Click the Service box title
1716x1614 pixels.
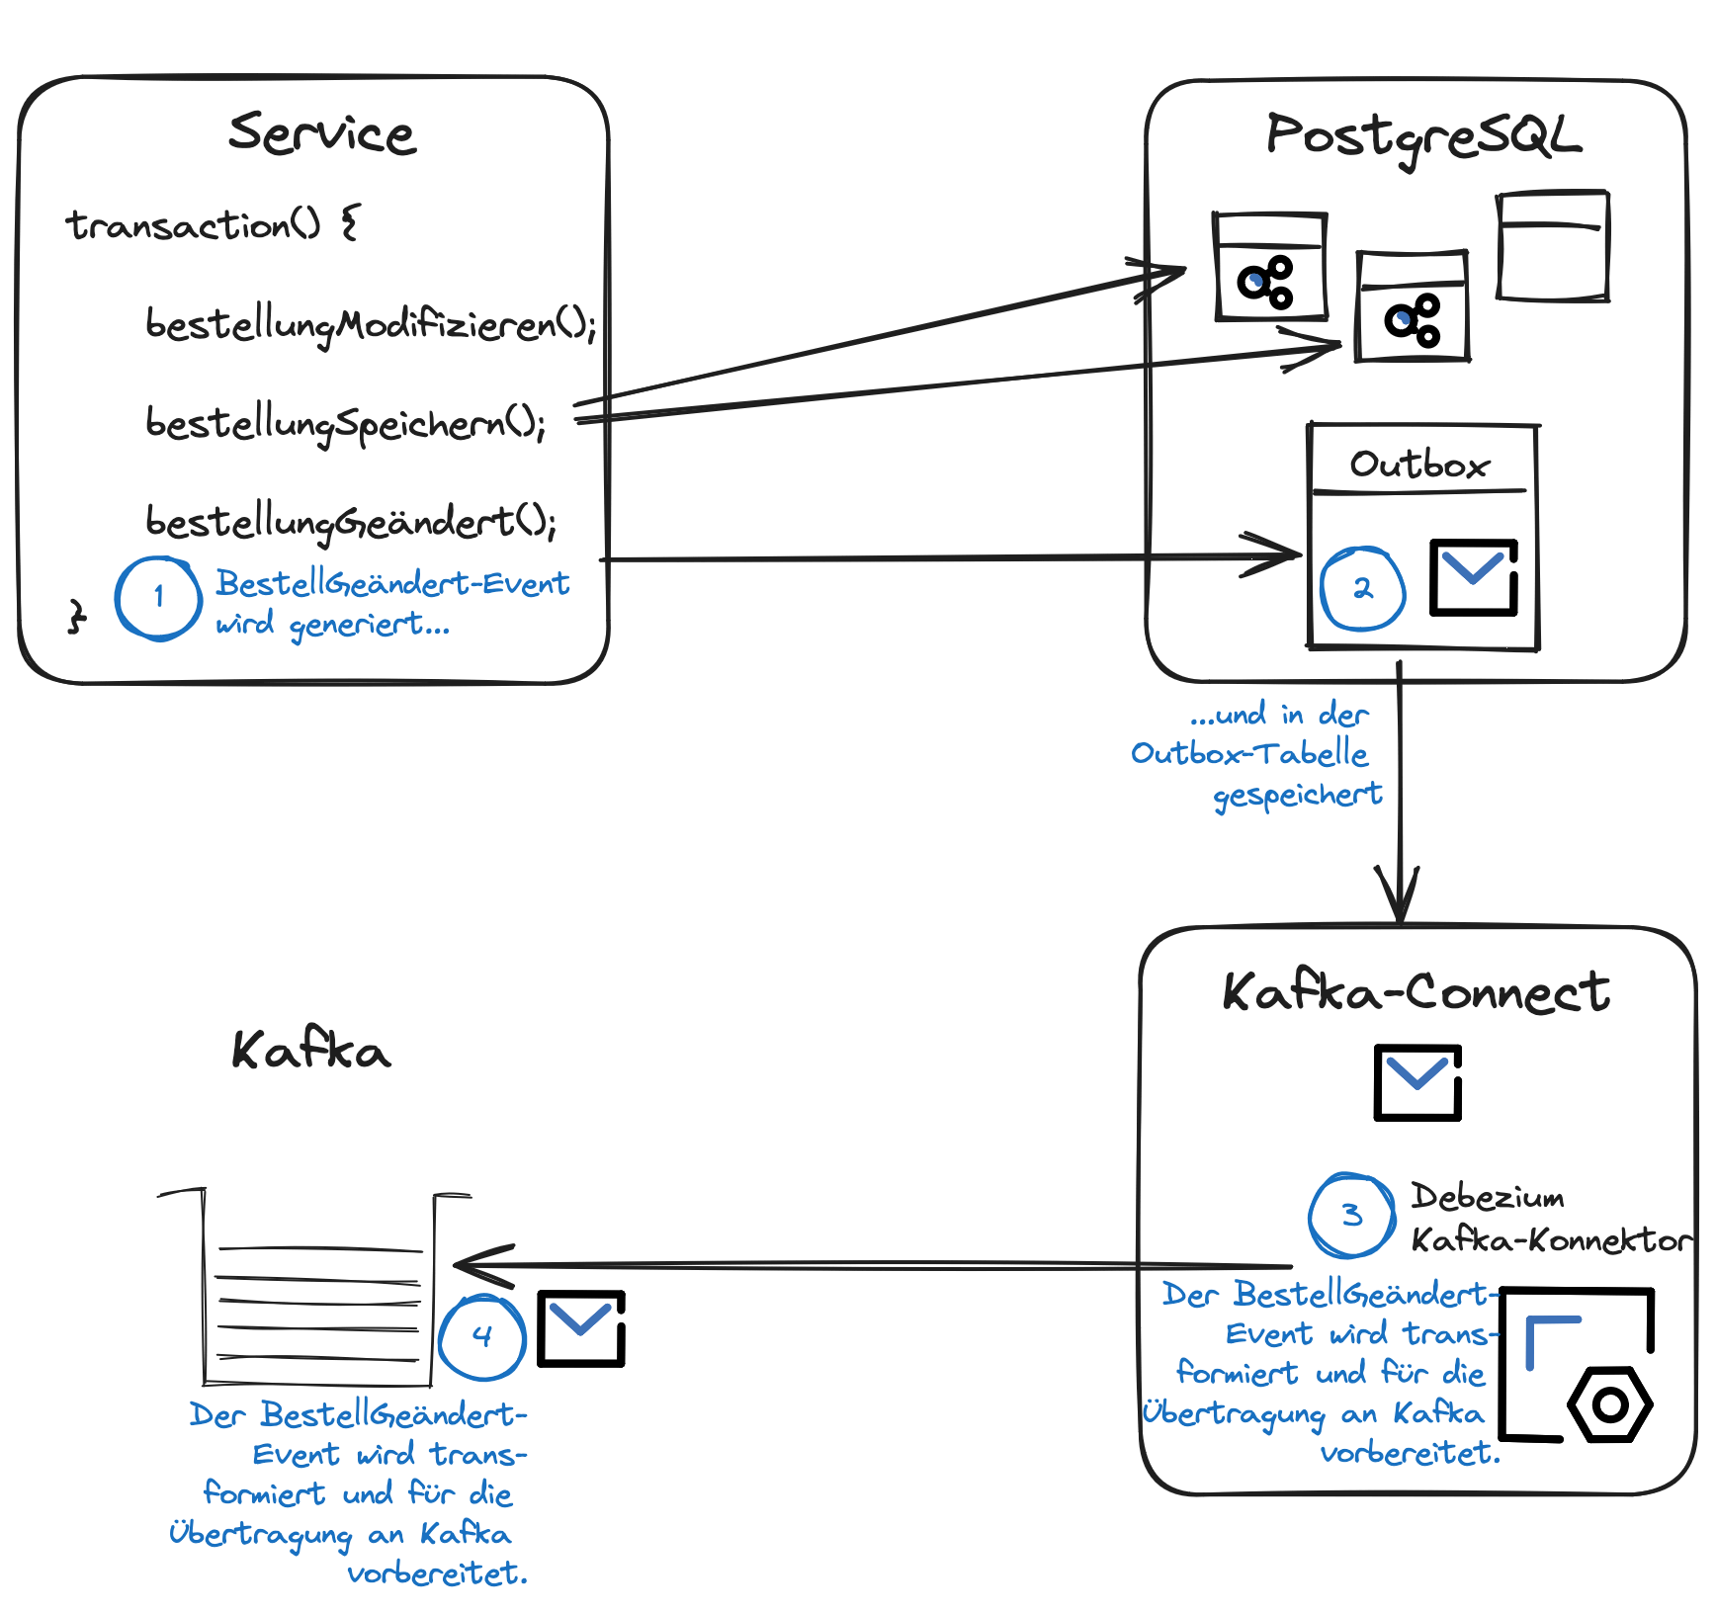click(322, 133)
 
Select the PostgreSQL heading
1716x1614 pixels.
click(1423, 136)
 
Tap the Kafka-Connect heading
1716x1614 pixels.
click(1416, 991)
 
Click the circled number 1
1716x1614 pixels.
click(158, 598)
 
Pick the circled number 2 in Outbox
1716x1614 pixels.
click(1362, 589)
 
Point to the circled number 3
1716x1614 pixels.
click(1351, 1215)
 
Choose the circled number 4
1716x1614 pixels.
click(481, 1337)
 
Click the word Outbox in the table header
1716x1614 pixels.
click(1419, 465)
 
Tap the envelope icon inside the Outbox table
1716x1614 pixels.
click(1474, 577)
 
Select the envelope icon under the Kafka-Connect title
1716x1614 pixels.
click(1417, 1082)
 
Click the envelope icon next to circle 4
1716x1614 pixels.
click(581, 1328)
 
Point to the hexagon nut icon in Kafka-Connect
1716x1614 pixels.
click(1610, 1404)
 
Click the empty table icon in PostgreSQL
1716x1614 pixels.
click(1553, 246)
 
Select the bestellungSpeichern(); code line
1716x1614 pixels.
click(345, 424)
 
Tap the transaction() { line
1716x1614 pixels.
click(213, 225)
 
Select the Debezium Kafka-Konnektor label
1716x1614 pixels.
click(1551, 1218)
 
